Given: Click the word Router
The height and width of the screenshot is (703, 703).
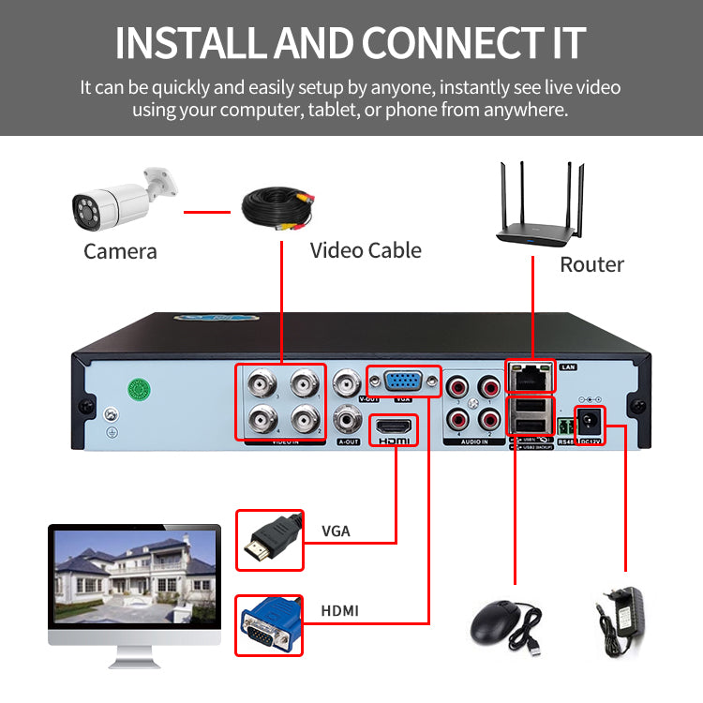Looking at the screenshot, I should (x=591, y=264).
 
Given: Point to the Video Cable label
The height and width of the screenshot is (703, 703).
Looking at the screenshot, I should (x=366, y=250).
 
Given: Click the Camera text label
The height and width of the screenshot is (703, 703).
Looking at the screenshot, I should (x=120, y=251).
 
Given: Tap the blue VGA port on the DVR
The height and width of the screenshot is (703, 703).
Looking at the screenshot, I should (x=404, y=381).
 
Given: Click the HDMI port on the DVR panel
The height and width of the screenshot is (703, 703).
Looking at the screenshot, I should (x=395, y=429).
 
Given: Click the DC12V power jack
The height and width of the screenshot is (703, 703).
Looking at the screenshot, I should (x=590, y=422).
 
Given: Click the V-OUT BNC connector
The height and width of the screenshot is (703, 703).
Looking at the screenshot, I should (x=347, y=383).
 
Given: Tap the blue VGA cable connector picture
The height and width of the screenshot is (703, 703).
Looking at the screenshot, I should (x=269, y=625).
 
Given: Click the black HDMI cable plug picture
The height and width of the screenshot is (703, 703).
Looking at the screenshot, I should (x=269, y=541).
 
